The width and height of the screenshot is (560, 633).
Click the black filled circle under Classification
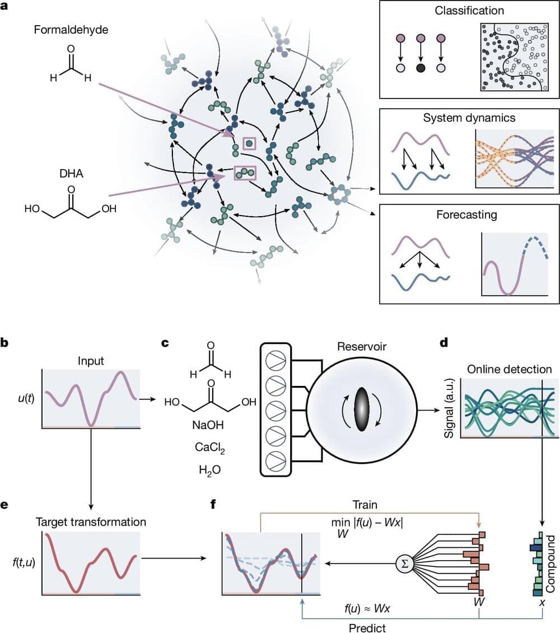pos(421,68)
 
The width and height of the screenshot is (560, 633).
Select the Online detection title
pos(508,369)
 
